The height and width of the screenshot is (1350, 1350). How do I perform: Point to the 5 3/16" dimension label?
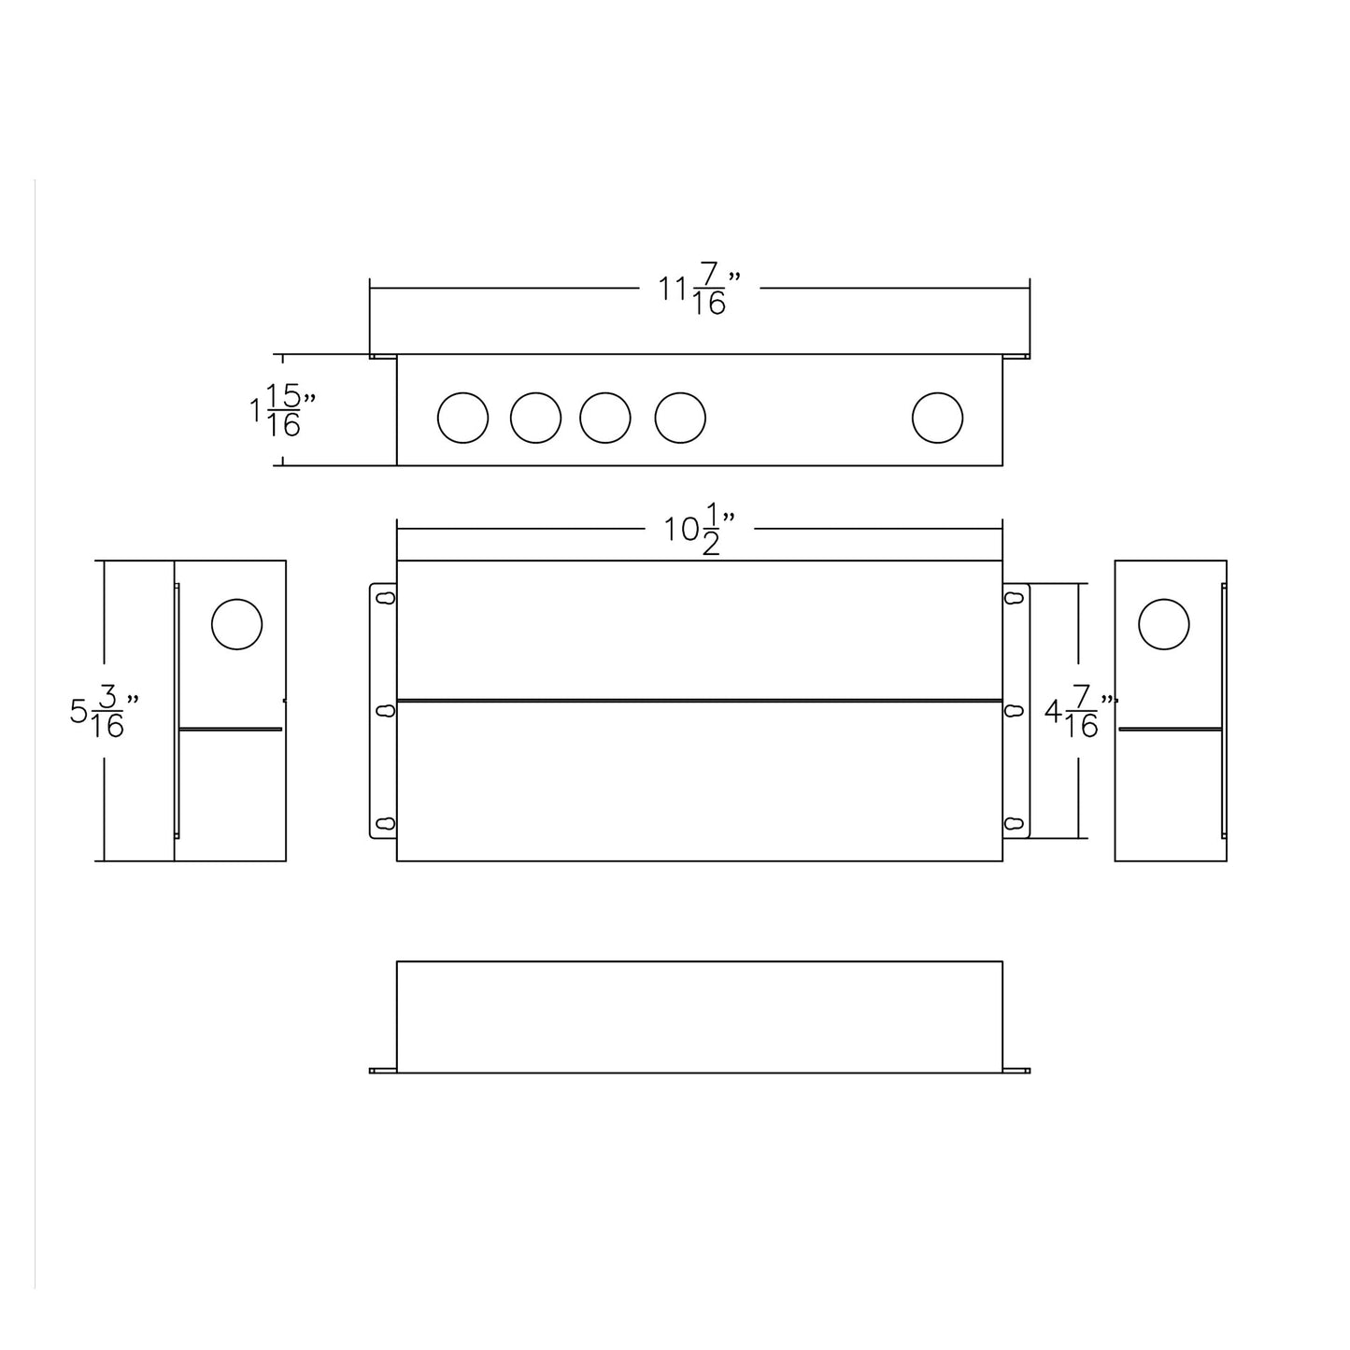point(104,712)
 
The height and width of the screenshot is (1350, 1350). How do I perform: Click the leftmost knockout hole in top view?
point(462,418)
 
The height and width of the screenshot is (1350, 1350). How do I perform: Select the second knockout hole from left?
point(535,418)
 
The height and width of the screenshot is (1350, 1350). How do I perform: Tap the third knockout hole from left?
point(604,418)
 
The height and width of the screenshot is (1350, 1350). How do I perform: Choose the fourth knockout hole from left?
point(679,418)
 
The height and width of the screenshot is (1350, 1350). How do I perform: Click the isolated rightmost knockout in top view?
point(937,418)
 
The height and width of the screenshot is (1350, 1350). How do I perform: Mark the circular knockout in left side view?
point(236,624)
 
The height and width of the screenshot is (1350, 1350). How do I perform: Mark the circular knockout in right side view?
point(1164,624)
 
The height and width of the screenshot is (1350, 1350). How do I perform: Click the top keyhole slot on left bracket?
point(384,598)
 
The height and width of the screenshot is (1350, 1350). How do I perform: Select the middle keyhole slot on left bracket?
point(384,711)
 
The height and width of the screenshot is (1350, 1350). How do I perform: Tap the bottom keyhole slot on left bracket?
point(384,823)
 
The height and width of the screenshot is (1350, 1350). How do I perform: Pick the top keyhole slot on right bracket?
point(1014,598)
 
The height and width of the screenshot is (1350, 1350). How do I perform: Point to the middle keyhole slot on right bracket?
point(1014,711)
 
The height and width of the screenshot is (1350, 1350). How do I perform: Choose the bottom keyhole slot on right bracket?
point(1014,823)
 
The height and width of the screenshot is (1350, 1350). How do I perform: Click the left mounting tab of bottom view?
point(383,1070)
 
